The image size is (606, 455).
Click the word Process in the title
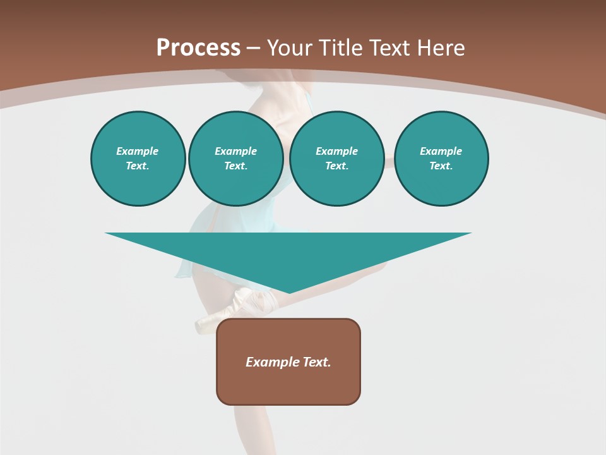pyautogui.click(x=198, y=48)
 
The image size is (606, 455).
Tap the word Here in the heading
pyautogui.click(x=440, y=48)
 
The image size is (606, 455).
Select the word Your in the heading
pyautogui.click(x=291, y=48)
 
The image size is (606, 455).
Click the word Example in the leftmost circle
pyautogui.click(x=138, y=151)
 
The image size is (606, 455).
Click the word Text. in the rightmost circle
pyautogui.click(x=441, y=166)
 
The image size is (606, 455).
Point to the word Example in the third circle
pyautogui.click(x=336, y=151)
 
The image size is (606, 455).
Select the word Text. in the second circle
pyautogui.click(x=235, y=166)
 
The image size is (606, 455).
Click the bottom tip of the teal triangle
pyautogui.click(x=288, y=292)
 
